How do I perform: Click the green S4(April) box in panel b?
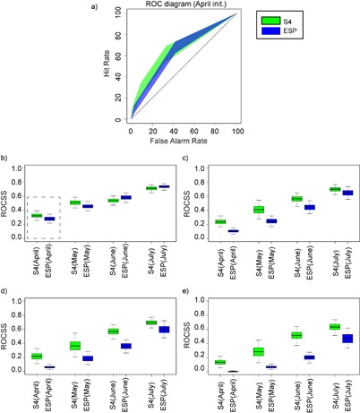[37, 215]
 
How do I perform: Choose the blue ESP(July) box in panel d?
[164, 330]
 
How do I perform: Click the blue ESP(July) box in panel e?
[347, 338]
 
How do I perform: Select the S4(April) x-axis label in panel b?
[37, 260]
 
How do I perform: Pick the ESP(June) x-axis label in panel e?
[309, 394]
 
